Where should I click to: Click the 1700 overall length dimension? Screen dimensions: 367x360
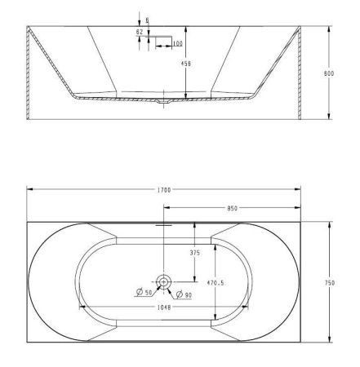coord(164,189)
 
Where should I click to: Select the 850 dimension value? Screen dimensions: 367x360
coord(233,209)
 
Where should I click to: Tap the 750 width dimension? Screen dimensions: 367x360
coord(330,282)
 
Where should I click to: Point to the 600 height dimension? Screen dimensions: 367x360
coord(330,73)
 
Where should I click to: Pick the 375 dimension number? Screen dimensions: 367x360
coord(195,253)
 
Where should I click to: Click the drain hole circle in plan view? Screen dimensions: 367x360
coord(164,282)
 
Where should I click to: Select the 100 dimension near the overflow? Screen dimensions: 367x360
coord(177,43)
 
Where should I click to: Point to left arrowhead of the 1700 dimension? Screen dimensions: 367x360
coord(29,189)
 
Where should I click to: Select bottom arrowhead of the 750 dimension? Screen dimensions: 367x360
coord(330,341)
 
